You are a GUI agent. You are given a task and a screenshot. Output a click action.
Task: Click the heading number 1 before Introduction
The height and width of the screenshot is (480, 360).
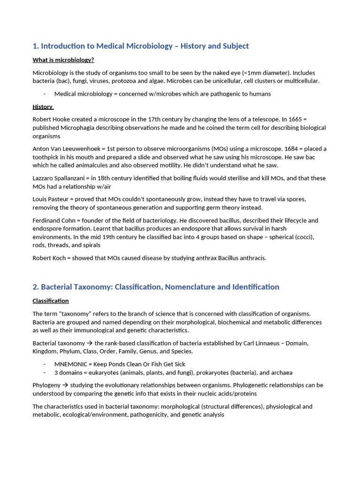click(35, 46)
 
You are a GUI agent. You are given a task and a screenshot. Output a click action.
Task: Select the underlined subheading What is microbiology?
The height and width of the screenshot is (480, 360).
click(63, 60)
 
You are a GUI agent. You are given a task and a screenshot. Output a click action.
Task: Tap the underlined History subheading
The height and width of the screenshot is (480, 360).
click(43, 107)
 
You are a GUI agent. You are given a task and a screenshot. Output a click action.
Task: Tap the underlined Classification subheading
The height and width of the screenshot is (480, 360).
click(51, 301)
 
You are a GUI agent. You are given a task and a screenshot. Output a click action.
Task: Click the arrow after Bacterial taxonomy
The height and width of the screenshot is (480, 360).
click(90, 343)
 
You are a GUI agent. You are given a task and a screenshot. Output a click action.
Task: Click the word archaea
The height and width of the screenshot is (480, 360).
click(281, 373)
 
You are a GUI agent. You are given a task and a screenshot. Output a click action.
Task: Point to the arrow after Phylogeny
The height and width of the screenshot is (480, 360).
click(65, 385)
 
